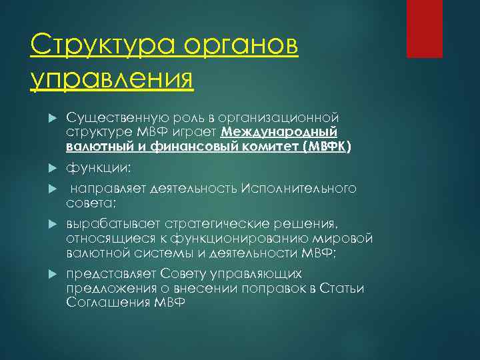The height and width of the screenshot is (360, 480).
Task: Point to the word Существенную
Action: click(x=111, y=118)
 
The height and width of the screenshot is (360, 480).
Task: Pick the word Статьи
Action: click(x=343, y=288)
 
